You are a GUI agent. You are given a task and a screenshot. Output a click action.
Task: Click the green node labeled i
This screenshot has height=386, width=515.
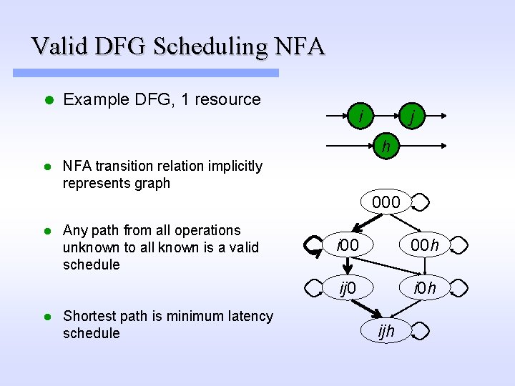tap(363, 114)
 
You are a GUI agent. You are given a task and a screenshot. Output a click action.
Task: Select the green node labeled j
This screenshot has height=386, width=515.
tap(411, 114)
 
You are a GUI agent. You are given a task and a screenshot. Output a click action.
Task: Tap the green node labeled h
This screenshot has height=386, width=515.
tap(386, 148)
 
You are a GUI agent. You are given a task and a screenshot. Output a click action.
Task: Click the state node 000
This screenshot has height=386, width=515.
tap(386, 203)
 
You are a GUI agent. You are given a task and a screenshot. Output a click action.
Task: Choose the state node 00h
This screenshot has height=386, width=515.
tap(425, 246)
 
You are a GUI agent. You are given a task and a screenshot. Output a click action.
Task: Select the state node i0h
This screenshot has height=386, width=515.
tap(425, 289)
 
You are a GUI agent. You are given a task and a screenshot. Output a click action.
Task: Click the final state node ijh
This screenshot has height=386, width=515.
tap(386, 331)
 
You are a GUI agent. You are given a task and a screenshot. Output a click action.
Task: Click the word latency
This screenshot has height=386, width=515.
tap(250, 316)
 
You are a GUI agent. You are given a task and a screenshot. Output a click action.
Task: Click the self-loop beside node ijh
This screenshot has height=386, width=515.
tap(421, 332)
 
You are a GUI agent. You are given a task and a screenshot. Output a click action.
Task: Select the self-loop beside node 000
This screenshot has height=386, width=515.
tap(421, 204)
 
